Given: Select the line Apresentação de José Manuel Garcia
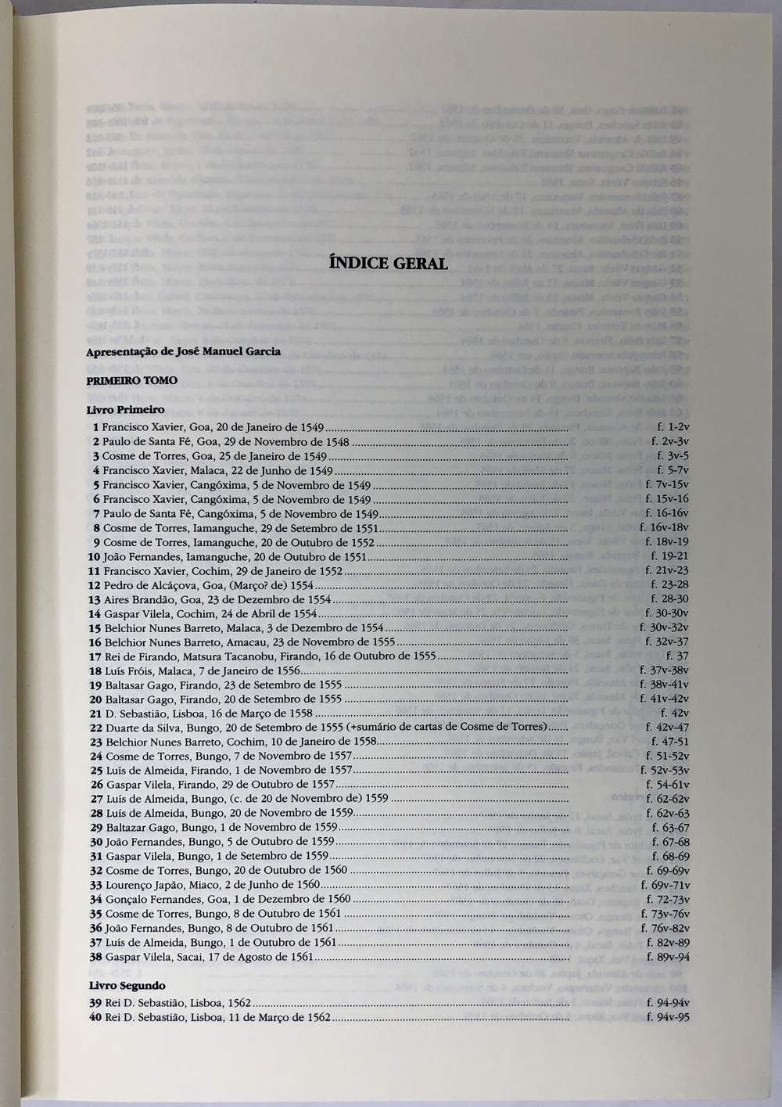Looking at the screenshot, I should pos(183,351).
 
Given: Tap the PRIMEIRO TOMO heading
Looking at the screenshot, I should pos(131,380).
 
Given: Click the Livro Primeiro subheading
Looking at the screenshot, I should pos(125,409).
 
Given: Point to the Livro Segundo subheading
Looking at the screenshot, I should pos(127,986).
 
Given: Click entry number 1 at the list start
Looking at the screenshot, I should pos(95,427).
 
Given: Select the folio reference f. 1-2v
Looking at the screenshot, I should pos(673,427).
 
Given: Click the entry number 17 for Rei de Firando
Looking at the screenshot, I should pos(95,656).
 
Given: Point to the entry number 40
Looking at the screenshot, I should pos(95,1017).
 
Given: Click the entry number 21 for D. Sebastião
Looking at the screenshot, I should pos(96,713).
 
